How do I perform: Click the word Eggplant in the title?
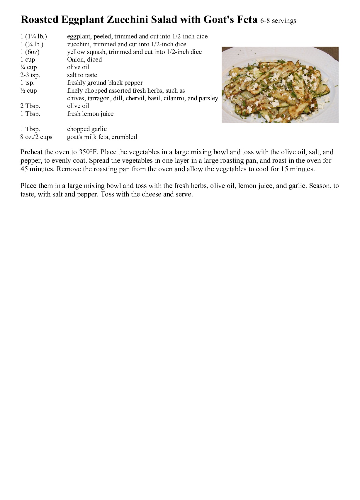click(x=82, y=20)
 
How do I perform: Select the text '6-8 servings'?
click(x=278, y=21)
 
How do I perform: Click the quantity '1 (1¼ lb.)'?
click(x=34, y=36)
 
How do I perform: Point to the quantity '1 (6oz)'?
click(x=30, y=52)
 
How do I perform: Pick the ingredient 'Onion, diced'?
click(x=84, y=60)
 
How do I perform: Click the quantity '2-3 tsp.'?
click(x=30, y=75)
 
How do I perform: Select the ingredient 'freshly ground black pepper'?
click(x=105, y=83)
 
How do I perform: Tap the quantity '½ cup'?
click(x=29, y=91)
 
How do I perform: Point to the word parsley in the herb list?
click(x=208, y=98)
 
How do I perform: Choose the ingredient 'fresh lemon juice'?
click(x=90, y=114)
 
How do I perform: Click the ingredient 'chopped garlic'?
click(x=87, y=129)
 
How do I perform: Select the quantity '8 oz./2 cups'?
click(x=36, y=137)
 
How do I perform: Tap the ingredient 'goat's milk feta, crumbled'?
click(x=102, y=137)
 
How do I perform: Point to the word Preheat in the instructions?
click(x=31, y=152)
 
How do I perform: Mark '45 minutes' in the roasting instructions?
click(x=38, y=169)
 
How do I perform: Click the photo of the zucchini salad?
click(x=280, y=85)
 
